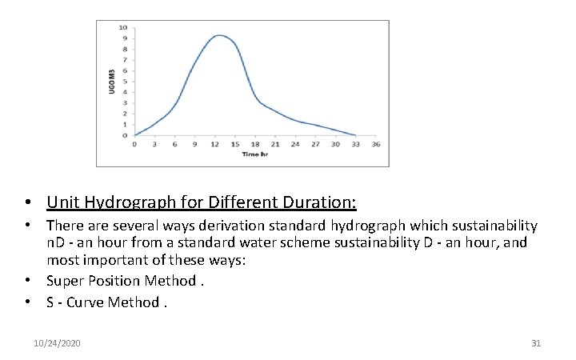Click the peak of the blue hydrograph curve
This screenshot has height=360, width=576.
pos(219,35)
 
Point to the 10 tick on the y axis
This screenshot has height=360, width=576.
pos(123,27)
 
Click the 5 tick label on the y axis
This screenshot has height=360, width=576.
pos(123,82)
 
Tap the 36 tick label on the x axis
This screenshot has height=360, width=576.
pos(376,144)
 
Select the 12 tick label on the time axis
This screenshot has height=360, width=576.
pos(215,144)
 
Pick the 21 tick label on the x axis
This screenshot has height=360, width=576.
pos(275,144)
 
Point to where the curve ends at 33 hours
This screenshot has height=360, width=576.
pos(355,135)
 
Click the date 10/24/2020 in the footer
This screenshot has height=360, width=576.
pos(57,343)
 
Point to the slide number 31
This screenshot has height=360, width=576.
pos(536,343)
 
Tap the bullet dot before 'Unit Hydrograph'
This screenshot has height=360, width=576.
pos(28,202)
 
